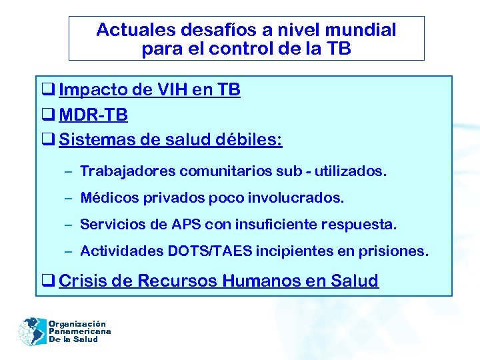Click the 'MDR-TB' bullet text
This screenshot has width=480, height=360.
93,115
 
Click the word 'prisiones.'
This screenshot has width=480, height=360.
396,251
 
